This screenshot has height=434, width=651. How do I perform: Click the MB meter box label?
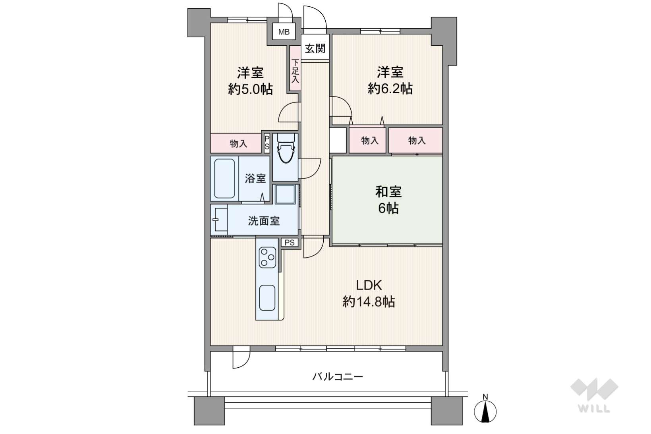(284, 32)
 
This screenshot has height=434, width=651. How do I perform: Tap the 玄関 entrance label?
(315, 48)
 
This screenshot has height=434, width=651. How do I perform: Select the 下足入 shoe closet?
(295, 69)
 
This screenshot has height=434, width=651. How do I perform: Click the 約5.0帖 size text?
(250, 89)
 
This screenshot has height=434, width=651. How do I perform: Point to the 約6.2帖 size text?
(390, 88)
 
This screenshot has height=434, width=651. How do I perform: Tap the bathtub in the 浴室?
(224, 179)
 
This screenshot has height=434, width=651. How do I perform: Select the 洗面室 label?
(264, 221)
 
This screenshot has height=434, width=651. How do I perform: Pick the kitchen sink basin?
(267, 298)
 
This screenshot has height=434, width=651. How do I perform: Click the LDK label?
(369, 285)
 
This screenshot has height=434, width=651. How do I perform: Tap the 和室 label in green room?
(388, 192)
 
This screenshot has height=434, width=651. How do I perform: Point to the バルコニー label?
(338, 377)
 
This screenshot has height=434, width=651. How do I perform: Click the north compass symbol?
(485, 411)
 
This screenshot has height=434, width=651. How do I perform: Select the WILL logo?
(594, 395)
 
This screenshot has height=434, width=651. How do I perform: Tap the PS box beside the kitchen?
(290, 243)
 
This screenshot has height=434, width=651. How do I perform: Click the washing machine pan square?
(285, 194)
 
